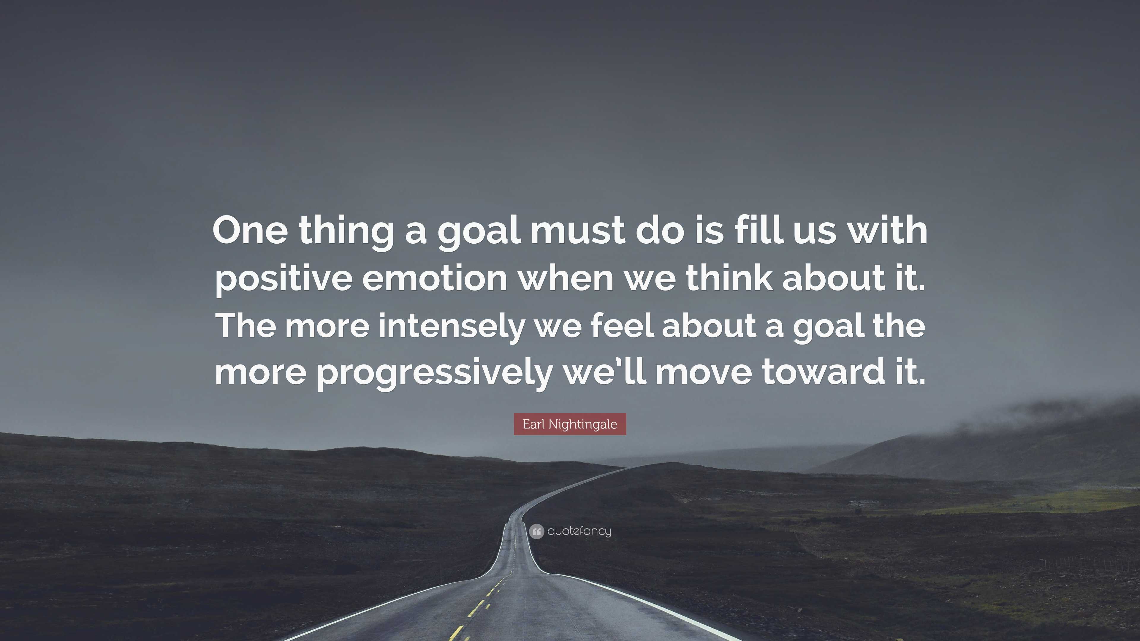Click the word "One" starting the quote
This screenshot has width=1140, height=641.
(x=250, y=231)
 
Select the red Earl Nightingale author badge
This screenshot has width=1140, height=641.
(x=570, y=424)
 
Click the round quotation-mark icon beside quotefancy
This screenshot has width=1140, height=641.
(x=536, y=531)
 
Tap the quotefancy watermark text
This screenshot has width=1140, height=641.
(x=579, y=531)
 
